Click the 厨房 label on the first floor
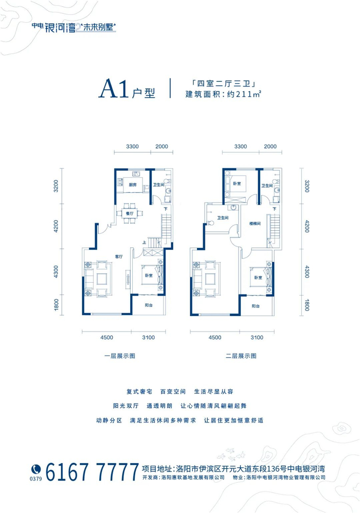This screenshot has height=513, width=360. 132,185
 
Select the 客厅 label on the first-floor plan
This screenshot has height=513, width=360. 118,256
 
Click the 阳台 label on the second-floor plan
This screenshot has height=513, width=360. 256,306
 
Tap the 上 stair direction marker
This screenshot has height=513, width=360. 145,243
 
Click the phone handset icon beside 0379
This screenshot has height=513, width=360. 36,468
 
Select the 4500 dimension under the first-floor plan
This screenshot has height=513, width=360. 107,338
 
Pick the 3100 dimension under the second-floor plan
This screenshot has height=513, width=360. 257,338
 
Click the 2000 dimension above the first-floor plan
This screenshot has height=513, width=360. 161,146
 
